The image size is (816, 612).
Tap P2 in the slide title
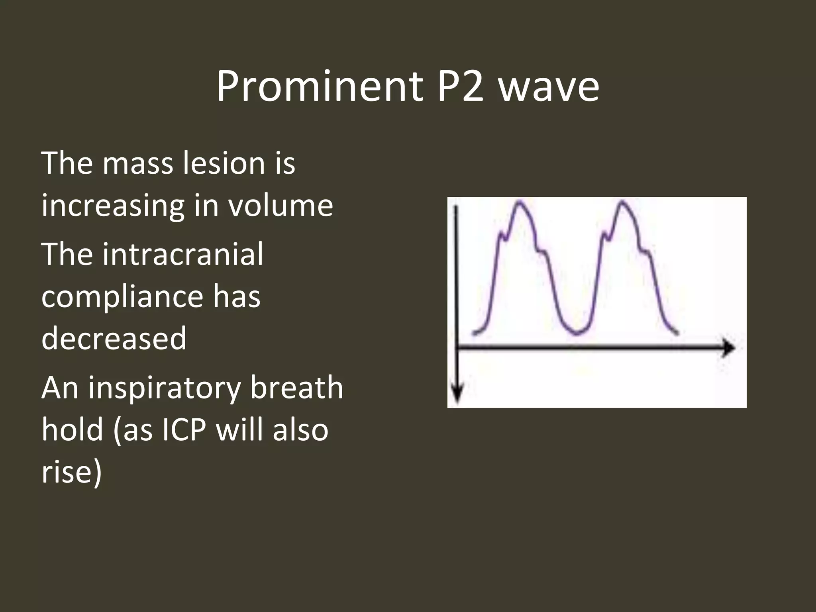(461, 86)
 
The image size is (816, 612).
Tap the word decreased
(114, 338)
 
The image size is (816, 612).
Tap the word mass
(138, 163)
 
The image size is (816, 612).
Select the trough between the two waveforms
(577, 333)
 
